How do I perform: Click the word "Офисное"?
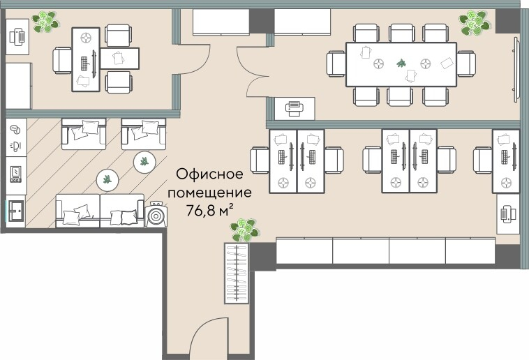[209, 173]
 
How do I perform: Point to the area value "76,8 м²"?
[209, 208]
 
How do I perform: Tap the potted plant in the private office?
[47, 21]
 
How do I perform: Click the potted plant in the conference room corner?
[475, 23]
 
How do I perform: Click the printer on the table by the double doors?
[295, 108]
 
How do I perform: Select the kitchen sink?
[16, 210]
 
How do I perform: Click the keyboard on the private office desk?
[87, 61]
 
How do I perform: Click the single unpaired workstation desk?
[505, 160]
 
